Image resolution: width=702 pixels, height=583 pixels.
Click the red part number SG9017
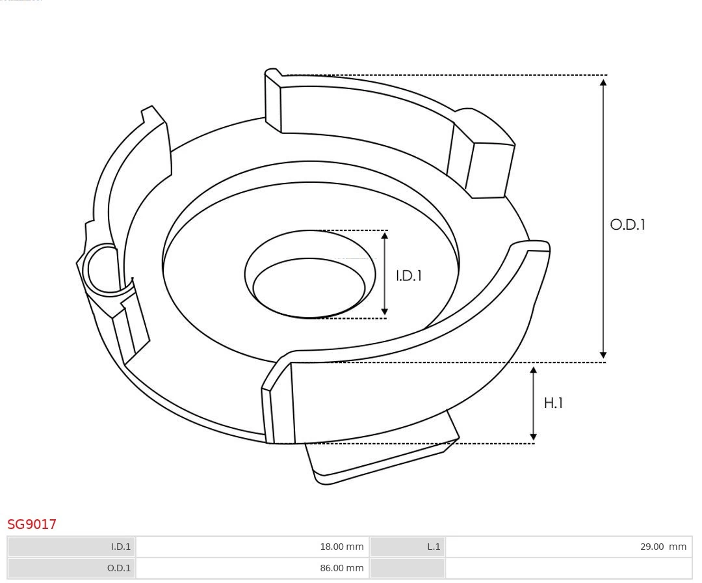pyautogui.click(x=32, y=524)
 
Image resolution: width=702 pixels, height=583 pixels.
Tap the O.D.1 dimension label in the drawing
pyautogui.click(x=627, y=224)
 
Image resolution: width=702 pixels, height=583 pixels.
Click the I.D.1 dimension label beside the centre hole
pyautogui.click(x=409, y=275)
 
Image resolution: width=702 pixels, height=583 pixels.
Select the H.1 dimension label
pyautogui.click(x=553, y=403)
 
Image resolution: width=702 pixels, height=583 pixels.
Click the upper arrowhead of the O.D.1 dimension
pyautogui.click(x=603, y=82)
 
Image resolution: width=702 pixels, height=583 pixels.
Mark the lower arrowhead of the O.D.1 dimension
pyautogui.click(x=603, y=355)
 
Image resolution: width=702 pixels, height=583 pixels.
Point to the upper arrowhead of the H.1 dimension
pyautogui.click(x=534, y=370)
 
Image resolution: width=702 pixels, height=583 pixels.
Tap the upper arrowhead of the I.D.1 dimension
pyautogui.click(x=385, y=236)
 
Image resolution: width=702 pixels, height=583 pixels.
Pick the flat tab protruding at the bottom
pyautogui.click(x=380, y=455)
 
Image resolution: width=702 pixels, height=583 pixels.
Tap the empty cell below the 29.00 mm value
pyautogui.click(x=569, y=568)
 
